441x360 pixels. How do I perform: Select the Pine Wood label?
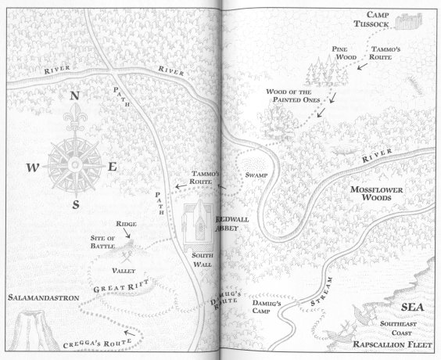(344, 52)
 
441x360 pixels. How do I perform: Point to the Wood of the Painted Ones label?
(294, 96)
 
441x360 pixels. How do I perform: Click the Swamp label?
(256, 174)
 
